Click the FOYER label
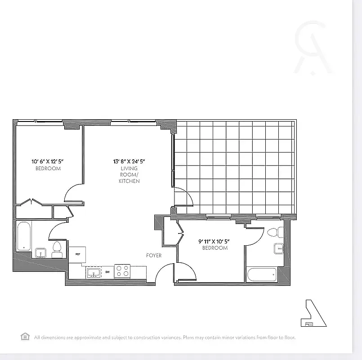154,256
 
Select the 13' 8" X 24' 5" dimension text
129,161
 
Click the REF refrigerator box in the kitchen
77,254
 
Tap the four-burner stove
122,271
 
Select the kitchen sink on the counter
94,273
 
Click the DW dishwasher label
107,272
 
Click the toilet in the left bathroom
57,249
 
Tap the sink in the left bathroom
41,253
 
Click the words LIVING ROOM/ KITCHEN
129,175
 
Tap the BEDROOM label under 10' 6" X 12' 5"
48,169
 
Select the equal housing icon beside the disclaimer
25,337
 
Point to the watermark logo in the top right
312,47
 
